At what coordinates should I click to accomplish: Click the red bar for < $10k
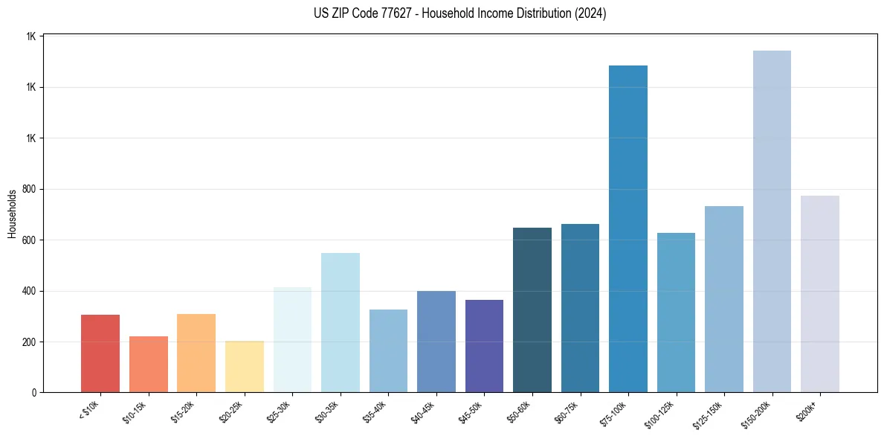(x=100, y=353)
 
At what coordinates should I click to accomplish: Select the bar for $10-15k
(x=148, y=364)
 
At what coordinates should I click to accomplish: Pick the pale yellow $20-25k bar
(x=244, y=366)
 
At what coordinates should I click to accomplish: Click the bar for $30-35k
(x=340, y=322)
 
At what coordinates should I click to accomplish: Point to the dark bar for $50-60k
(x=532, y=310)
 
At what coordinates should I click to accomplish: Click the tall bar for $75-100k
(x=628, y=228)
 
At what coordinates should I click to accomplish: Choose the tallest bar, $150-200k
(x=772, y=221)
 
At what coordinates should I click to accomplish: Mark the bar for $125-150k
(x=724, y=299)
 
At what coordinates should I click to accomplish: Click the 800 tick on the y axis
(x=30, y=189)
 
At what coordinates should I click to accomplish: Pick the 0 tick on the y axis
(x=34, y=392)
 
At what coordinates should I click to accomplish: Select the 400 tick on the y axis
(x=30, y=291)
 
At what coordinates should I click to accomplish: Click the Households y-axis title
(x=12, y=214)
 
